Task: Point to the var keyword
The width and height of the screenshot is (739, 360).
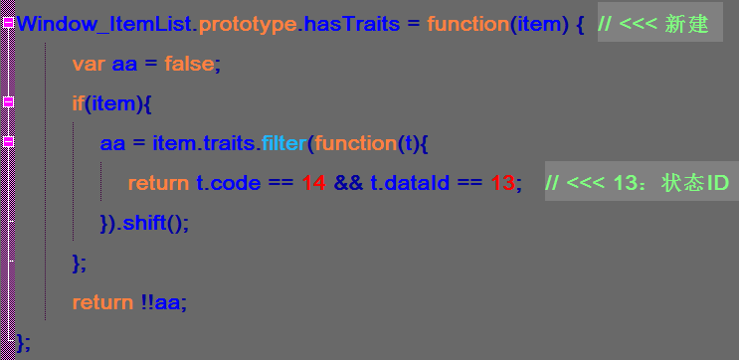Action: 89,65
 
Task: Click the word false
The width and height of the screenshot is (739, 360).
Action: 189,64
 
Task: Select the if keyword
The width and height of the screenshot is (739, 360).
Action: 79,103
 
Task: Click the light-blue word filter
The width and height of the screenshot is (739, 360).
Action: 283,143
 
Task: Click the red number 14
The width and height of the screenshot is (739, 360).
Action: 313,183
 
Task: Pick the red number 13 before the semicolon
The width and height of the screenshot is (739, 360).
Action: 502,183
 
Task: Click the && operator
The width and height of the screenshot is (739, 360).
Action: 348,183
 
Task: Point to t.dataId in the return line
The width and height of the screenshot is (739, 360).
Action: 409,183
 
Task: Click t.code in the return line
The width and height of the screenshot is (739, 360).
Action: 228,183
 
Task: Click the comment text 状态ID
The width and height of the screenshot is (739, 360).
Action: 694,183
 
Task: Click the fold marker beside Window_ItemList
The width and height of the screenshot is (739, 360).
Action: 8,23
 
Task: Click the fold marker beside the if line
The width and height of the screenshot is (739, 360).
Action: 8,101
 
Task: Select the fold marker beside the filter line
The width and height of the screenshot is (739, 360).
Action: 8,141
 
